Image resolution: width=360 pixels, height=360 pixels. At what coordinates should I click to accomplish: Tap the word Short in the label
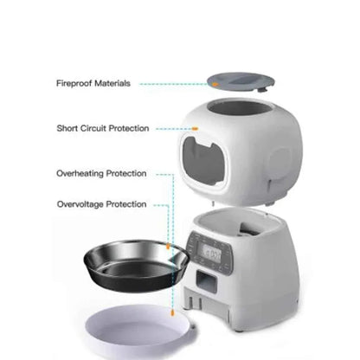click(x=69, y=128)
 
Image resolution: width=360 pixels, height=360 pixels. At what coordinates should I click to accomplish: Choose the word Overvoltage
click(x=81, y=204)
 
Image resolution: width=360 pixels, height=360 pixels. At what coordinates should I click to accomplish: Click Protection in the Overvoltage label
click(x=126, y=204)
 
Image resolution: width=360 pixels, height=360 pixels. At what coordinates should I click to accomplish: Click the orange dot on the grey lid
click(x=211, y=85)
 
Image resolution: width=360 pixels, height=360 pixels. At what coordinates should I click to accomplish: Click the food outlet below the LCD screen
click(x=202, y=283)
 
